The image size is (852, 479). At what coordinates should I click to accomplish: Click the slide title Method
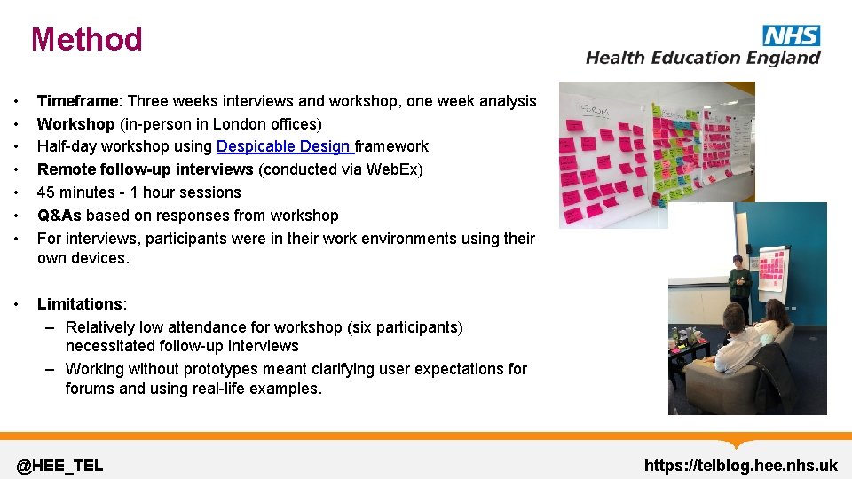[86, 40]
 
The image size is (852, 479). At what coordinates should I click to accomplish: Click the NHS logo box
[791, 35]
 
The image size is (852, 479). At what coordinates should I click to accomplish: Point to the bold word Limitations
[79, 304]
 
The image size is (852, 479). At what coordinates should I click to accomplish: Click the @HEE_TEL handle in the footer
[60, 466]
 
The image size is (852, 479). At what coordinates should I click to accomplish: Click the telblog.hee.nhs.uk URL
[740, 466]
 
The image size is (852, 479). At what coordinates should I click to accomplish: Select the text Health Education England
[703, 58]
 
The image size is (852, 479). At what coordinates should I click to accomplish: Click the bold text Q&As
[59, 216]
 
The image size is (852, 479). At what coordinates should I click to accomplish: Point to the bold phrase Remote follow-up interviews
[146, 169]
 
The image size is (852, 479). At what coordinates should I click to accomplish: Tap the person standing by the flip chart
[738, 288]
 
